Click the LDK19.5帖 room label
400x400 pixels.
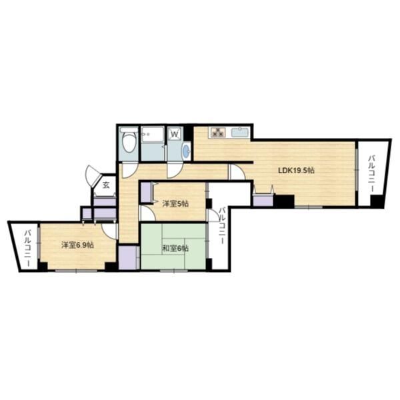click(296, 170)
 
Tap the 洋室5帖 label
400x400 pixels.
click(175, 204)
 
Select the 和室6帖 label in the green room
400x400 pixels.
click(175, 248)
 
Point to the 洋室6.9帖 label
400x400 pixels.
click(77, 245)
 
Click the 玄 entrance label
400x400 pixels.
click(106, 185)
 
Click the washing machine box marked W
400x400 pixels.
click(175, 133)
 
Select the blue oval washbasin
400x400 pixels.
click(187, 151)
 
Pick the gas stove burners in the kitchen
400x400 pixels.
click(217, 133)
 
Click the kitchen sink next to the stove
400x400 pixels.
click(240, 133)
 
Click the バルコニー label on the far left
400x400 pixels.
click(27, 249)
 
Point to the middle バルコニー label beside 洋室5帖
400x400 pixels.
click(222, 225)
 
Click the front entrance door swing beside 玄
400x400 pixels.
click(93, 175)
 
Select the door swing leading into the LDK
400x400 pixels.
click(237, 173)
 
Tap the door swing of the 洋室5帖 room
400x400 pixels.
click(148, 213)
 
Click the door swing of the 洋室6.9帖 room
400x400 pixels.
click(109, 231)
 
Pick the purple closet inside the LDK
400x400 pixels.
click(263, 200)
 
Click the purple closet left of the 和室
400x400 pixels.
click(129, 257)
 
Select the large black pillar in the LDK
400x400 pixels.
click(285, 201)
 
